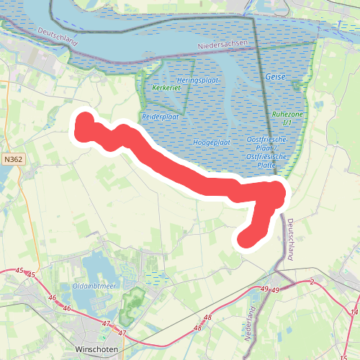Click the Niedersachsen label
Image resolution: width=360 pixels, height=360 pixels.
coord(223,43)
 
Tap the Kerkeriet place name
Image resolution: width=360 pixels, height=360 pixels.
coord(166,87)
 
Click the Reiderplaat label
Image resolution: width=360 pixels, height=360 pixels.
coord(161,116)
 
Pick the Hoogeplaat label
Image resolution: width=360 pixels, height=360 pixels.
coord(212,143)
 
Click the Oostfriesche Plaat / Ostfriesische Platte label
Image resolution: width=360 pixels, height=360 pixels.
coord(258,150)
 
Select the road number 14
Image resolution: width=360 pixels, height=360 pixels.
coord(354,312)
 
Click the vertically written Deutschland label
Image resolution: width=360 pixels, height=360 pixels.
coord(291,240)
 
